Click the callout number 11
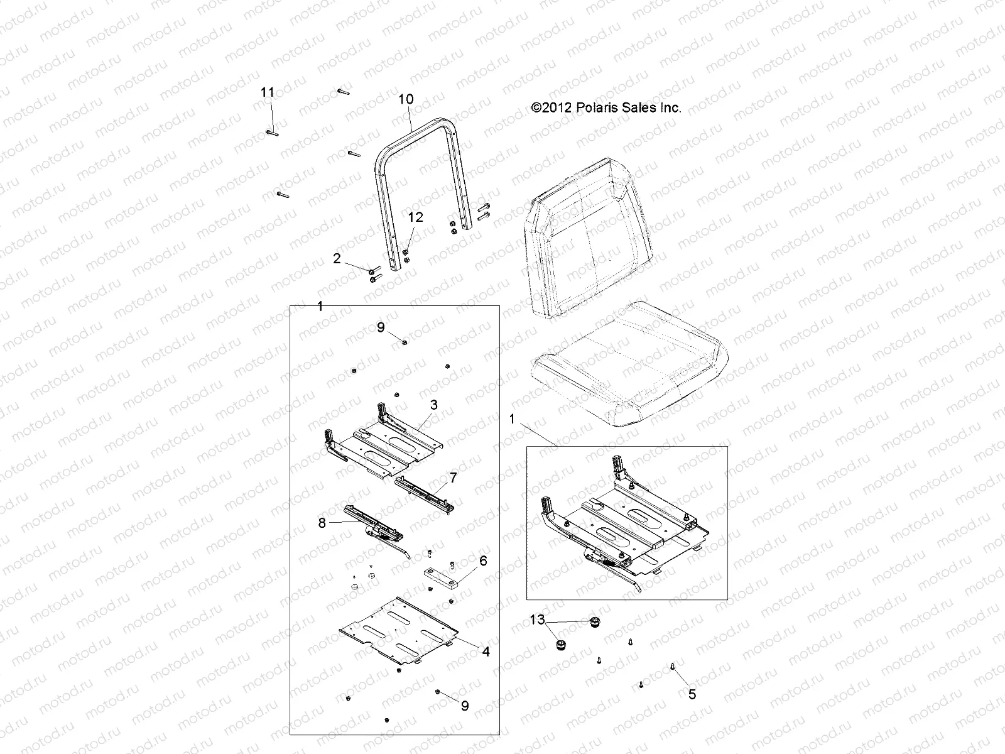tap(268, 92)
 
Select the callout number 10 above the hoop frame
tap(406, 99)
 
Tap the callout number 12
tap(415, 217)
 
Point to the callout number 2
tap(337, 259)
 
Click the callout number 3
tap(433, 406)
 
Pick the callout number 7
tap(453, 479)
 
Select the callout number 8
tap(322, 523)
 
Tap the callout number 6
tap(483, 561)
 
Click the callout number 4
tap(486, 652)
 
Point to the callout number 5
tap(692, 696)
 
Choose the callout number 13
tap(538, 620)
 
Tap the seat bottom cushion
tap(628, 371)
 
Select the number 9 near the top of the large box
tap(381, 327)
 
